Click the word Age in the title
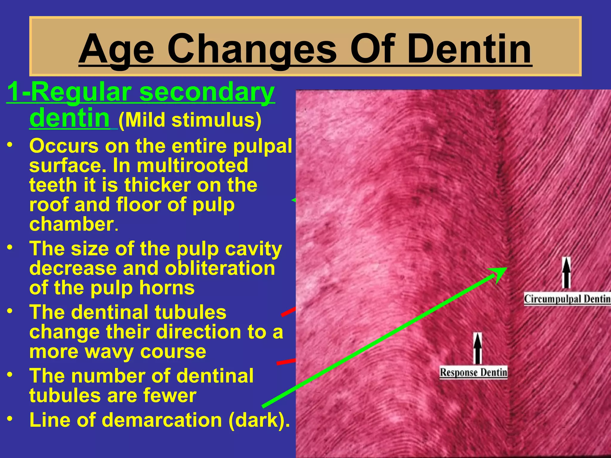(116, 49)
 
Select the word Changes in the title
(252, 49)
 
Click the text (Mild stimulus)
(190, 120)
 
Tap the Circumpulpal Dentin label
(567, 299)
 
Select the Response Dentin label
(473, 372)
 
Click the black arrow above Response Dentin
(478, 348)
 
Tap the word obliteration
(220, 268)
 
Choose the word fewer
(169, 395)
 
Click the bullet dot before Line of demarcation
(10, 419)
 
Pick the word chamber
(72, 224)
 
